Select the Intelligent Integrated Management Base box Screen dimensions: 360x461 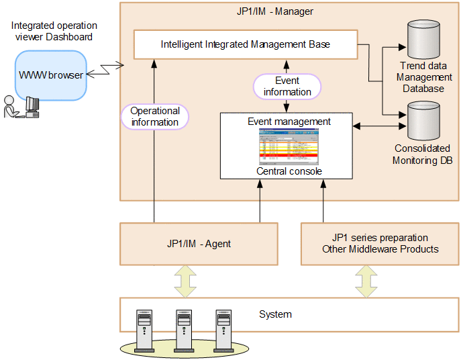point(245,44)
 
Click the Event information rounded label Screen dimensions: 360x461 point(287,87)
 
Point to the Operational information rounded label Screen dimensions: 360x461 point(155,116)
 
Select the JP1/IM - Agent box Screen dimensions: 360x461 point(199,243)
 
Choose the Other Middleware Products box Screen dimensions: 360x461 point(379,243)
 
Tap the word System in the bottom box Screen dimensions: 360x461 point(275,314)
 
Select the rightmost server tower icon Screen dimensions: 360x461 point(224,330)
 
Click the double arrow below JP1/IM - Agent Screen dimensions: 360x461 point(185,280)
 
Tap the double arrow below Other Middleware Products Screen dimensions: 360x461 point(366,280)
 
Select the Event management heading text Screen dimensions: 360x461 point(289,122)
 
